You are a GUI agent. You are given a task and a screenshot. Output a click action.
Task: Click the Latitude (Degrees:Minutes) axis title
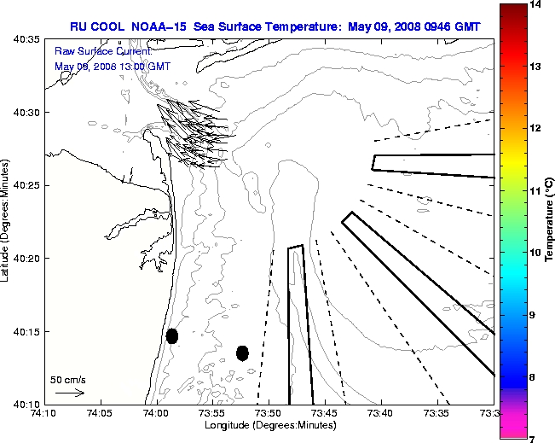point(7,221)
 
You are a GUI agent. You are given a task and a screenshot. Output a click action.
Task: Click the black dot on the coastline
point(172,335)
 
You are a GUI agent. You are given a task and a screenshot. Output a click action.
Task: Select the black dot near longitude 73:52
point(242,353)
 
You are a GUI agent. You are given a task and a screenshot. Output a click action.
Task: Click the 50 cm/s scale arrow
point(69,393)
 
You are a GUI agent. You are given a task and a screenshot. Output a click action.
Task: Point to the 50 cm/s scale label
point(68,380)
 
